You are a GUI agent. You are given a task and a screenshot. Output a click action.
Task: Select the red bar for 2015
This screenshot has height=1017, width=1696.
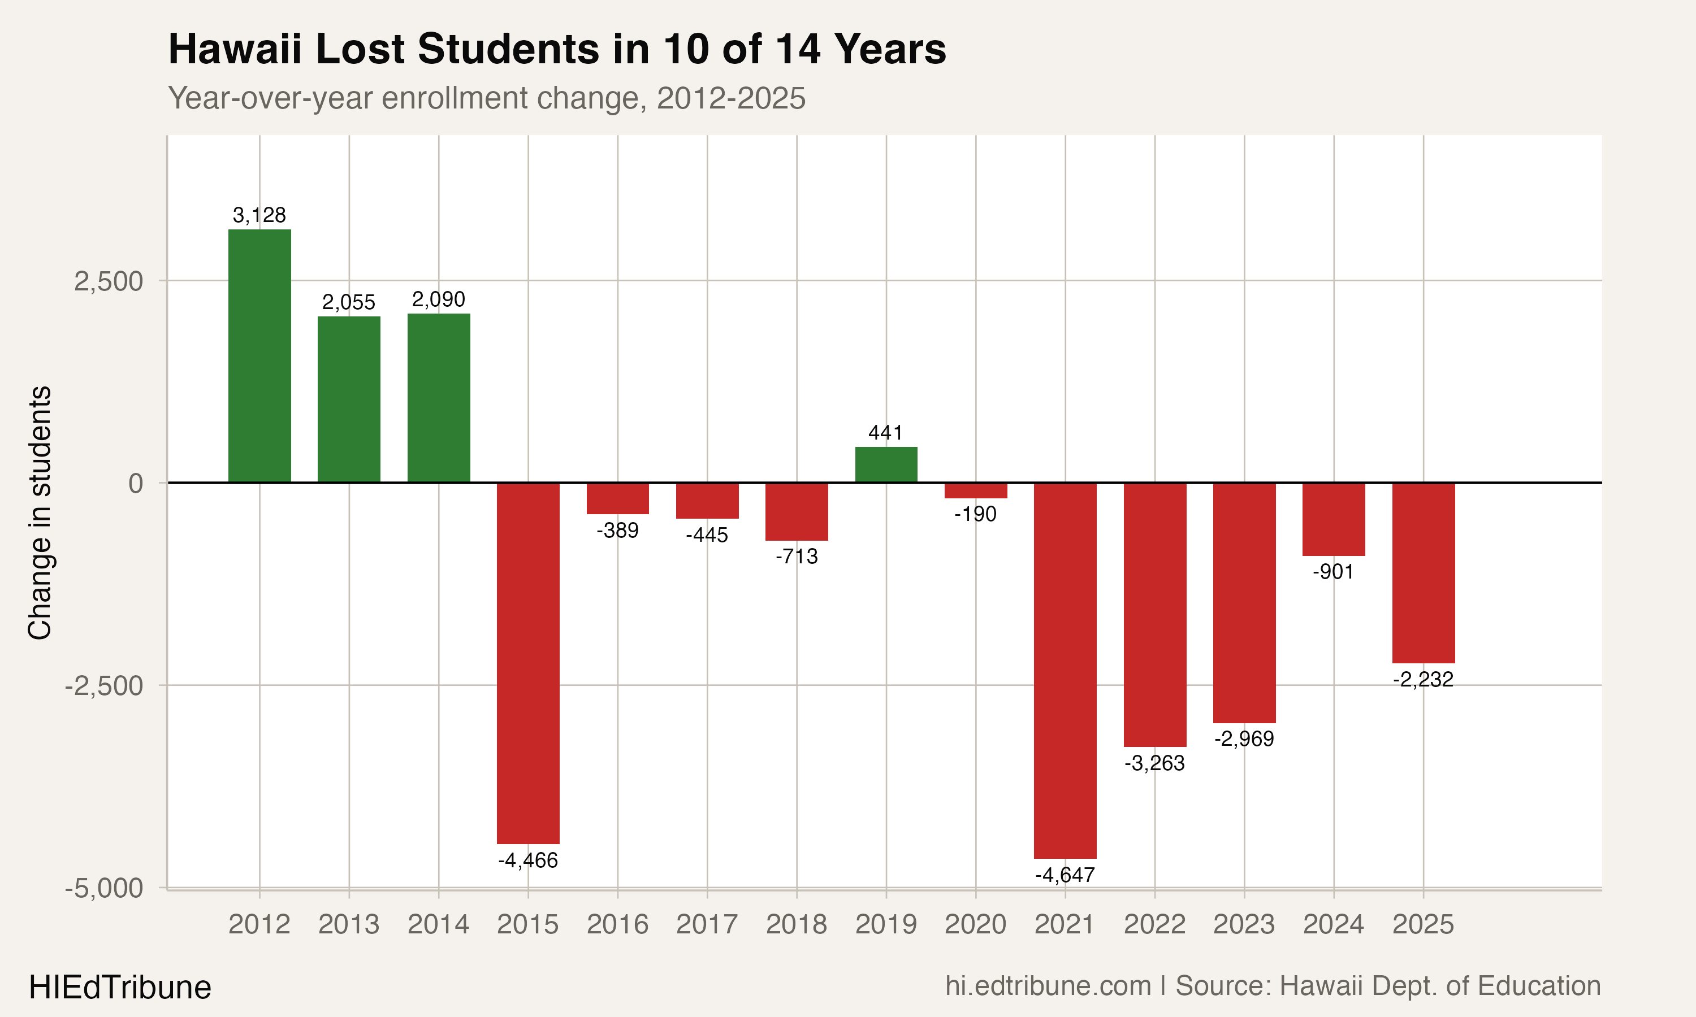[528, 663]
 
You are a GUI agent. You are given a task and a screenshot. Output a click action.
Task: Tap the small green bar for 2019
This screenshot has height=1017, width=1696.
[886, 464]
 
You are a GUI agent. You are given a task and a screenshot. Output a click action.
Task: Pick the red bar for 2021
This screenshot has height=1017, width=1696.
[1065, 670]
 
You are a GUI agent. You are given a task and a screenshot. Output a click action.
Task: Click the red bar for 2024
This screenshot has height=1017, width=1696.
[1334, 519]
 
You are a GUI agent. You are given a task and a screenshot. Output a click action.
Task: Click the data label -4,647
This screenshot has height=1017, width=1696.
[1065, 875]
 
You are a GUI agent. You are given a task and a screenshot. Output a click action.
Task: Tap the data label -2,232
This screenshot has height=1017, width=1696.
[1423, 679]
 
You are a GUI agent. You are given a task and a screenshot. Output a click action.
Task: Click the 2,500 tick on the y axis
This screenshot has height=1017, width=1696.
[109, 281]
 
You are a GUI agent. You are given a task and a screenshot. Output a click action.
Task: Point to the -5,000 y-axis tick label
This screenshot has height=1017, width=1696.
[104, 888]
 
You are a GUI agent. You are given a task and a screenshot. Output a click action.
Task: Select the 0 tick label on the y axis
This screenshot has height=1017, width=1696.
[136, 483]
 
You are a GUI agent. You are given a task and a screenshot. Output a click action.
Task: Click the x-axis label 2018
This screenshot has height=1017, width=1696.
[796, 924]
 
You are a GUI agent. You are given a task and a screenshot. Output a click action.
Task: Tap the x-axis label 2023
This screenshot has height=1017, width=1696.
[1244, 924]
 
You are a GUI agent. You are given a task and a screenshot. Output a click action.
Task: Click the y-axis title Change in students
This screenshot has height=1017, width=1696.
[40, 512]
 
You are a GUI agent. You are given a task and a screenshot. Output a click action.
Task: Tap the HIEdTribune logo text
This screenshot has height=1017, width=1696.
[120, 988]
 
